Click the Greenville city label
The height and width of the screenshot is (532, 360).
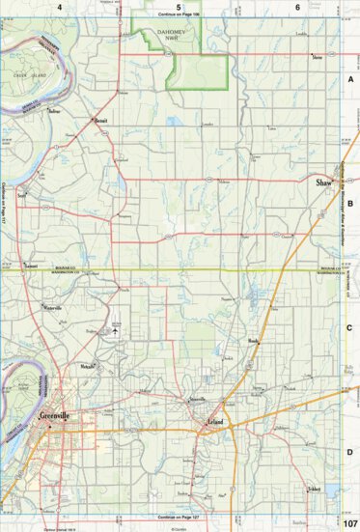click(x=57, y=416)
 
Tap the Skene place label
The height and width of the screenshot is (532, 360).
click(x=317, y=57)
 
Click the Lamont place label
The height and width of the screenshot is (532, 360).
click(x=32, y=265)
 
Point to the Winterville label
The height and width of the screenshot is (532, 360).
click(x=51, y=306)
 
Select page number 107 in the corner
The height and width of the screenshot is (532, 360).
click(x=350, y=522)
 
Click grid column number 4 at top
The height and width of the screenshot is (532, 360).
click(x=60, y=8)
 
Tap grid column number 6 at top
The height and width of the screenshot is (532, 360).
click(x=297, y=8)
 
